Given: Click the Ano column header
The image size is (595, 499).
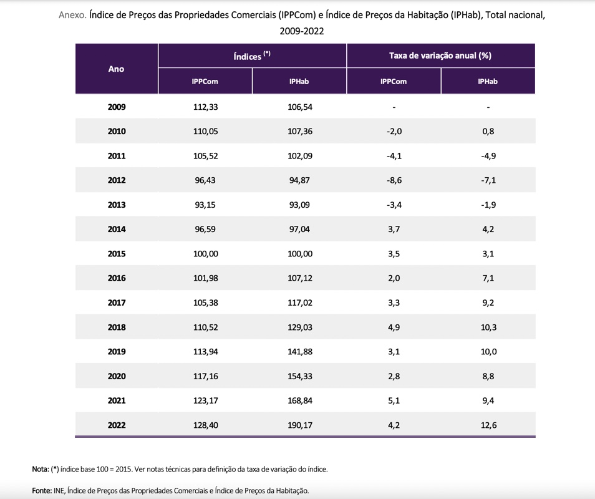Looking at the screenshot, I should [117, 69].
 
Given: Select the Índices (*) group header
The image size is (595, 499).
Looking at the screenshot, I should [252, 56].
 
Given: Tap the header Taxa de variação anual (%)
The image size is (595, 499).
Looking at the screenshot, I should [440, 56].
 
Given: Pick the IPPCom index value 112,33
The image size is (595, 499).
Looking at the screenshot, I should [205, 107].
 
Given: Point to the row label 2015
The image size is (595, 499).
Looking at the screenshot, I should [117, 254].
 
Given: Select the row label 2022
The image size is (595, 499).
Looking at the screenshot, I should [117, 425].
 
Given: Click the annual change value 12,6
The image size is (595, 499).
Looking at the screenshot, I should [488, 425].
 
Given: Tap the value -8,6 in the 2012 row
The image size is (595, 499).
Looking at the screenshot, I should [394, 180].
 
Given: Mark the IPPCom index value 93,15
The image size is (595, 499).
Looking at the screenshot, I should [205, 205].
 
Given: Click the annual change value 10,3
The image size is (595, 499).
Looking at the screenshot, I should [488, 327].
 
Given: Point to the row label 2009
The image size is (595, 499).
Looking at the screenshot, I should [117, 107].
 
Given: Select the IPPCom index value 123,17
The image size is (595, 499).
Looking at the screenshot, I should [205, 400].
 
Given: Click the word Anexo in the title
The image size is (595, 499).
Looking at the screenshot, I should [72, 14].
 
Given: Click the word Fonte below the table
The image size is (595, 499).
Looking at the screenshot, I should [42, 491].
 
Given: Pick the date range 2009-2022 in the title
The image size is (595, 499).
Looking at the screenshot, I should [302, 30].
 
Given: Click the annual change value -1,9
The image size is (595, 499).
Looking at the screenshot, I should [488, 205].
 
